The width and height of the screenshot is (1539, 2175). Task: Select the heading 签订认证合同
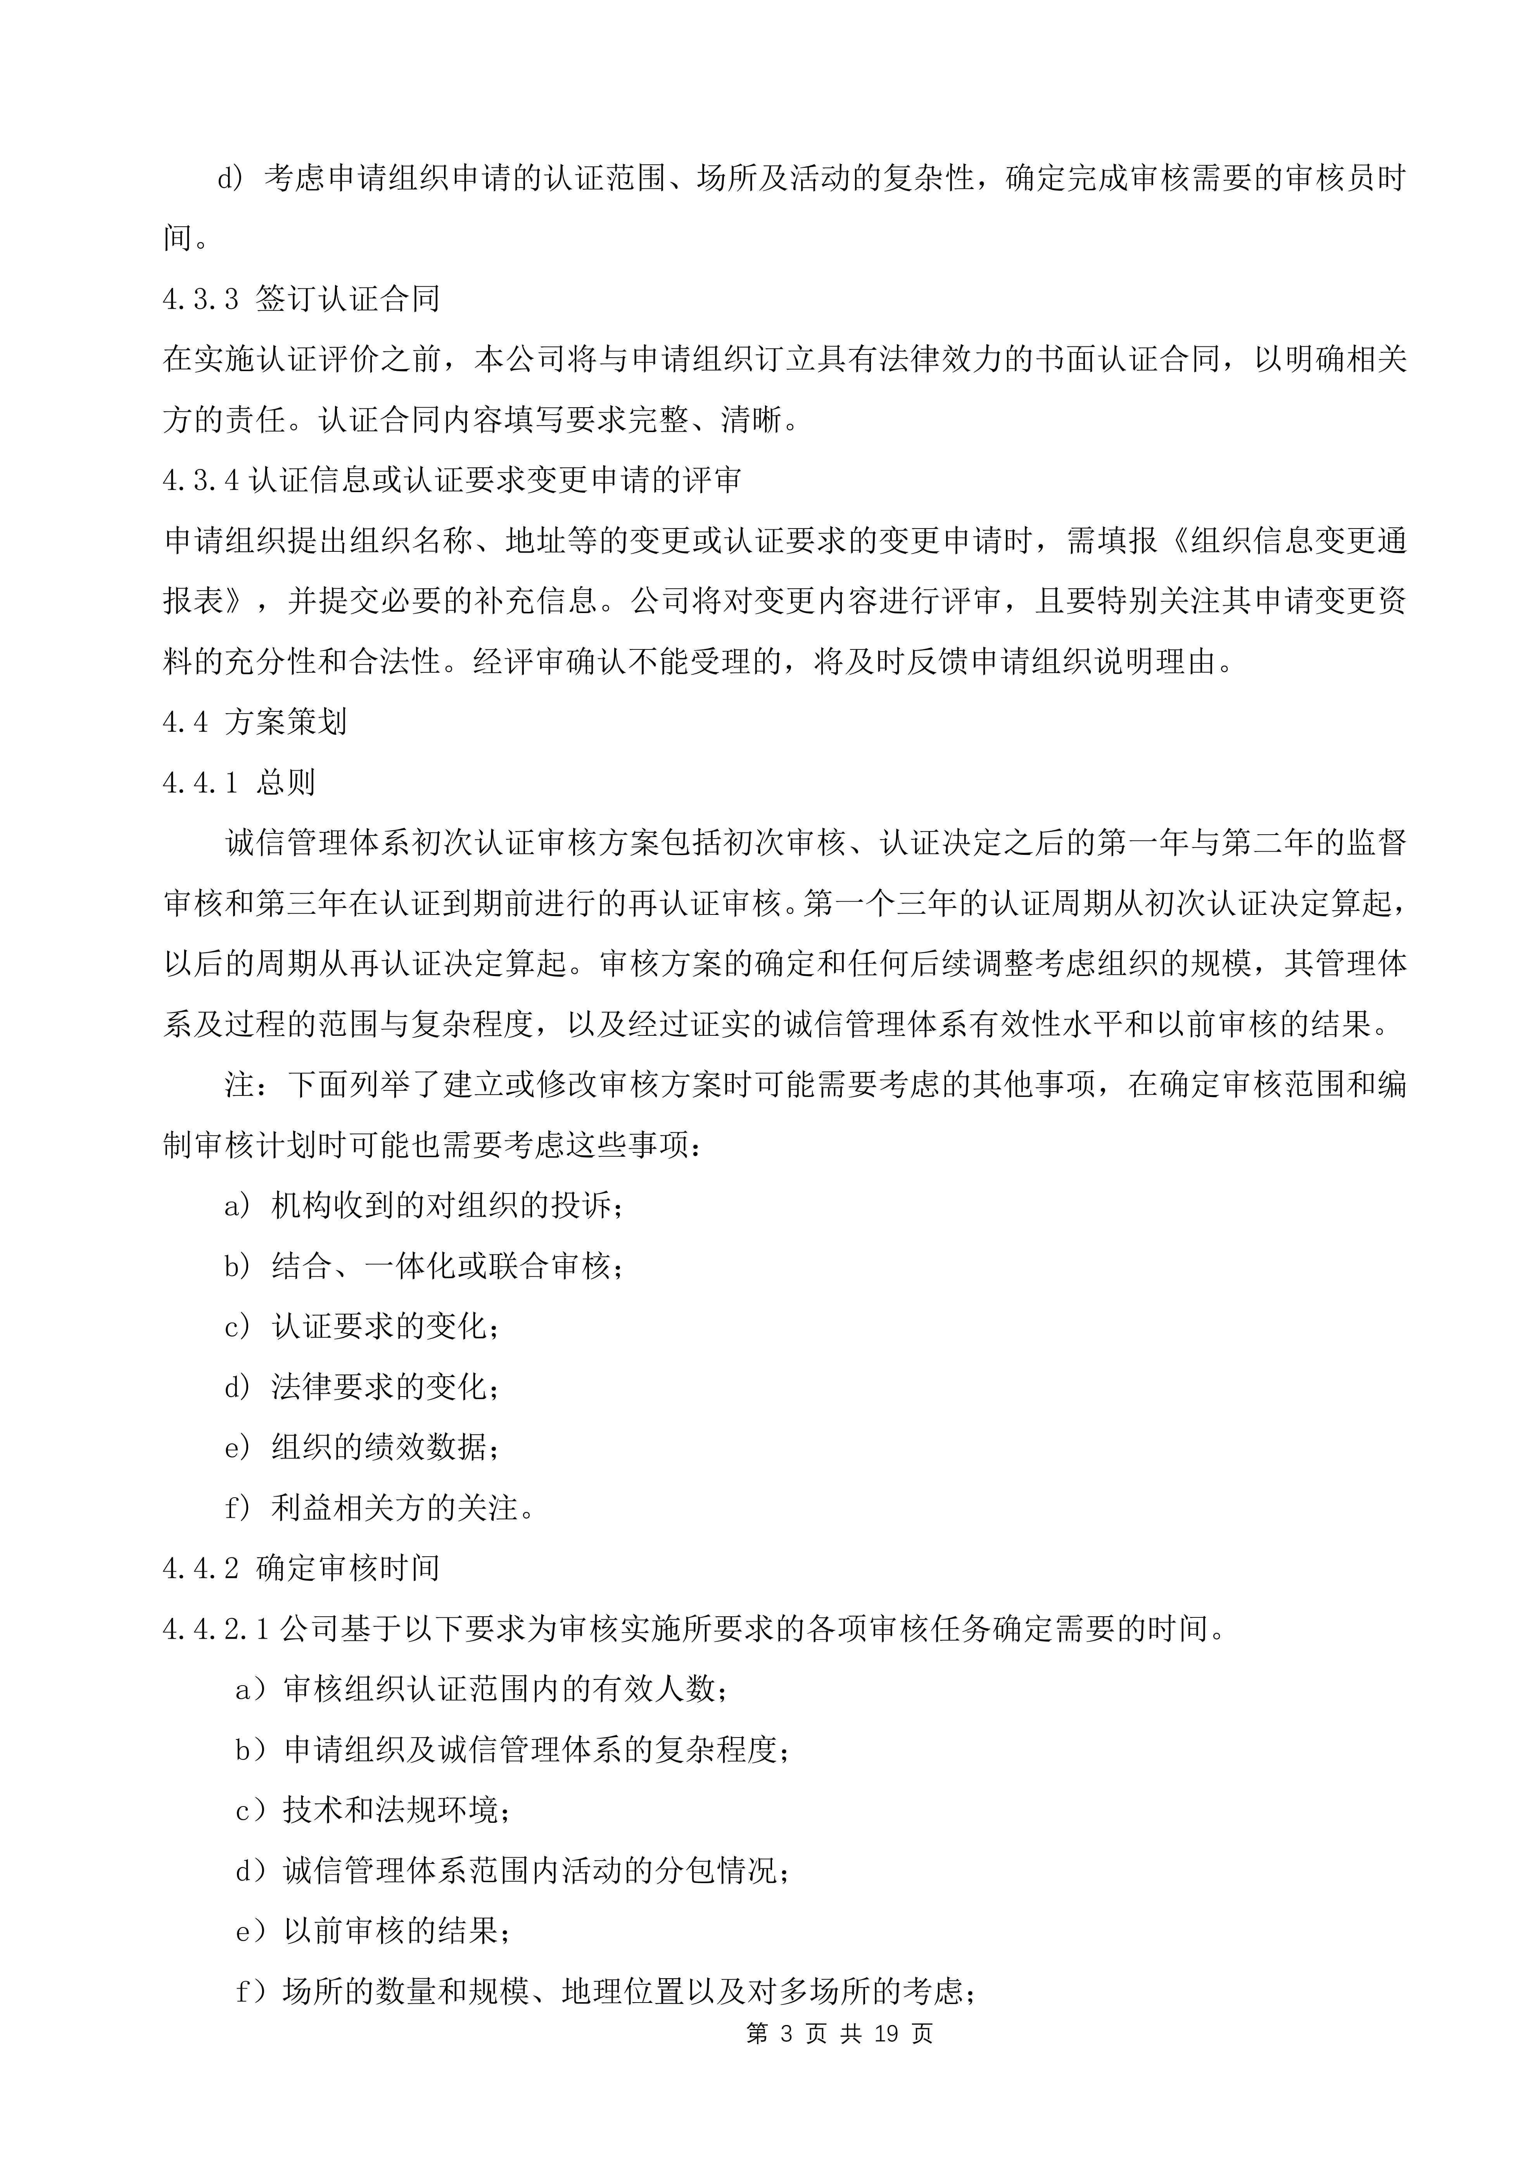(348, 300)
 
